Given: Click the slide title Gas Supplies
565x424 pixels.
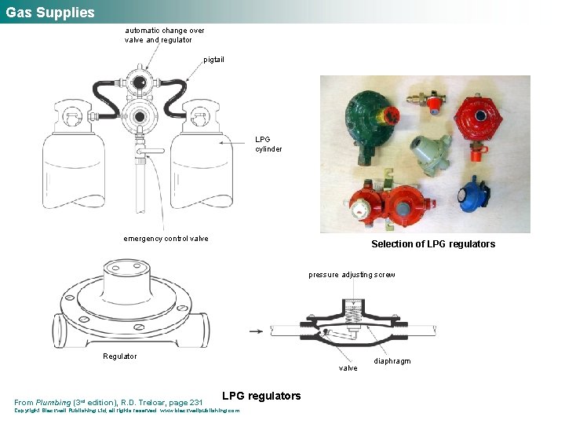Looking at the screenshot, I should pos(50,13).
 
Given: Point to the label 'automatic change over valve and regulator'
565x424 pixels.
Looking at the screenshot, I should pos(164,35).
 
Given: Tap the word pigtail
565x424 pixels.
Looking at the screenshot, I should pos(213,60).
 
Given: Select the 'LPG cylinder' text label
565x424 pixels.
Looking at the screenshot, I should pos(268,144).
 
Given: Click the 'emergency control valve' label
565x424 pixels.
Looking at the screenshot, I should pos(166,239).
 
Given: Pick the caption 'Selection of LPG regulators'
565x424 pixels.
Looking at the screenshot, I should pos(433,244).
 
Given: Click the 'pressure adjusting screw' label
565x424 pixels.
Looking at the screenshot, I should pos(352,275).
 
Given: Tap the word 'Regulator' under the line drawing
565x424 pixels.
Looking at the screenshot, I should pos(120,356).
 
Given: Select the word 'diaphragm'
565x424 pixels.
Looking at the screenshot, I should pos(392,361).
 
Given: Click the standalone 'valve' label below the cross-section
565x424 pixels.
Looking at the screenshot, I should pos(348,368).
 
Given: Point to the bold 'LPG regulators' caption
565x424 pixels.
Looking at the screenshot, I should pos(261,396).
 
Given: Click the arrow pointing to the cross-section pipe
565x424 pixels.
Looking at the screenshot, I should pos(255,331).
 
